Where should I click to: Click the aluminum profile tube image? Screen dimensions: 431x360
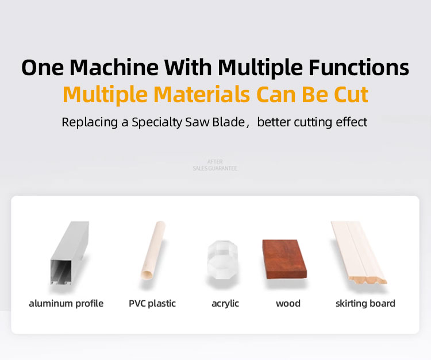pos(70,253)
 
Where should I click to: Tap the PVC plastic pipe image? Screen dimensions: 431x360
pos(153,251)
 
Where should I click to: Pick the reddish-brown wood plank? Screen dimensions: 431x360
pos(284,259)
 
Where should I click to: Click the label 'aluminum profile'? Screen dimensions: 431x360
pos(66,303)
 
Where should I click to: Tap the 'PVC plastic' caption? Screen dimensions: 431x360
pos(152,303)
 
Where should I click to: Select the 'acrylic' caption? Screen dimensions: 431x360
pos(225,304)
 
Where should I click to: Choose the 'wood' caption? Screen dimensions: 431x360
pos(288,303)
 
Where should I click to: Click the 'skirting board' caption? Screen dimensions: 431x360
pos(365,303)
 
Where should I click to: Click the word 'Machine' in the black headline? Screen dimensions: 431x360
pos(114,67)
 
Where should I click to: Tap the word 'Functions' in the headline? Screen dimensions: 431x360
pos(359,67)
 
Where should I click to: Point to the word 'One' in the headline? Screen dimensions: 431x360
pos(43,68)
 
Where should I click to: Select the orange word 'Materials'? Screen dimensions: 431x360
pos(202,94)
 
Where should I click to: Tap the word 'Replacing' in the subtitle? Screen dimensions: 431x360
pos(90,122)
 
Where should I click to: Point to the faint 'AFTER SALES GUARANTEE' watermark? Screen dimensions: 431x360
pos(215,165)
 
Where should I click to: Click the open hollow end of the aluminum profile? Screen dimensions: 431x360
pos(61,272)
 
